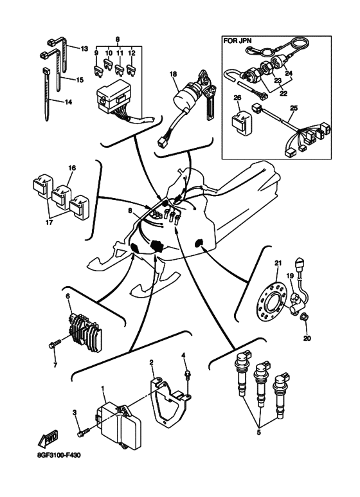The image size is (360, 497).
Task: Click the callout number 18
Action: (173, 75)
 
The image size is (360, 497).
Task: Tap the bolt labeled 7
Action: (53, 345)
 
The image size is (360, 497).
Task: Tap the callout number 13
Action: (84, 48)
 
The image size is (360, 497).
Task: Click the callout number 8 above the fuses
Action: (116, 40)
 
